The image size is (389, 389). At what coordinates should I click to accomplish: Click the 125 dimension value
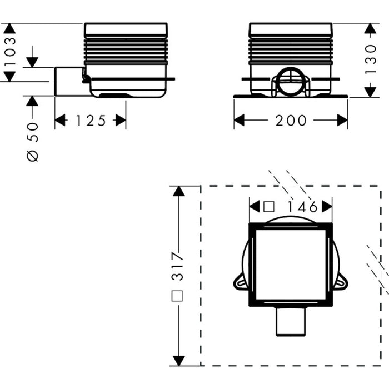pyautogui.click(x=91, y=121)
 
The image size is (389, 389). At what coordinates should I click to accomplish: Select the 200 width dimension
pyautogui.click(x=291, y=121)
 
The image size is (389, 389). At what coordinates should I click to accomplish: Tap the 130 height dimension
pyautogui.click(x=371, y=59)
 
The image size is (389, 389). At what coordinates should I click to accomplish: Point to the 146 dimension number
pyautogui.click(x=302, y=207)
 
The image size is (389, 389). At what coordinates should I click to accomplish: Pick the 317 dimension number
pyautogui.click(x=178, y=266)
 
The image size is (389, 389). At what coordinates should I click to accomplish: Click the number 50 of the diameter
pyautogui.click(x=33, y=132)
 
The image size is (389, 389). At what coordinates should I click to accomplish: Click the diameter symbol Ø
pyautogui.click(x=33, y=156)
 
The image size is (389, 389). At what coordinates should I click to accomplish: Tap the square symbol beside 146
pyautogui.click(x=268, y=207)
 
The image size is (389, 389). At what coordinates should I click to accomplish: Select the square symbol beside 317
pyautogui.click(x=177, y=296)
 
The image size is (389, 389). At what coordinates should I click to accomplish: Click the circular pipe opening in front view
pyautogui.click(x=291, y=80)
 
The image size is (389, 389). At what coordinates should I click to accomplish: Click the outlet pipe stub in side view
pyautogui.click(x=69, y=81)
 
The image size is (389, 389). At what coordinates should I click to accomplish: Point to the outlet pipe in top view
pyautogui.click(x=291, y=321)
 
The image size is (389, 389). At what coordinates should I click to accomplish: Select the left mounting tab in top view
pyautogui.click(x=240, y=282)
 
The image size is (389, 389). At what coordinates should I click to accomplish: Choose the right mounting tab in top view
pyautogui.click(x=341, y=282)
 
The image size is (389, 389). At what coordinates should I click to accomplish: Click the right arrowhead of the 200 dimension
pyautogui.click(x=342, y=121)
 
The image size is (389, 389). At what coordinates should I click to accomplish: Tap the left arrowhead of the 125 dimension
pyautogui.click(x=60, y=121)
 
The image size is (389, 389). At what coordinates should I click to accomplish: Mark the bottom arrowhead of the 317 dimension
pyautogui.click(x=178, y=361)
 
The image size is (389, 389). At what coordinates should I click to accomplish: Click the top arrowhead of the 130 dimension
pyautogui.click(x=371, y=28)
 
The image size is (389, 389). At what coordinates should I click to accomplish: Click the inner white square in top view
pyautogui.click(x=291, y=265)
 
